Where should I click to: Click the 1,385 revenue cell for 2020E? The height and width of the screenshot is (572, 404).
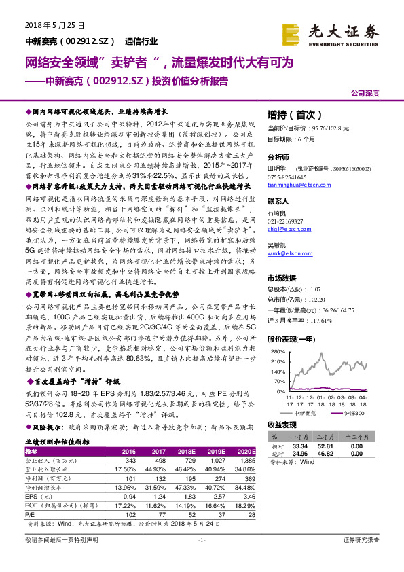(x=246, y=460)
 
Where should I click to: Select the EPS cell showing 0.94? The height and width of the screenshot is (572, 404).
(x=128, y=497)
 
